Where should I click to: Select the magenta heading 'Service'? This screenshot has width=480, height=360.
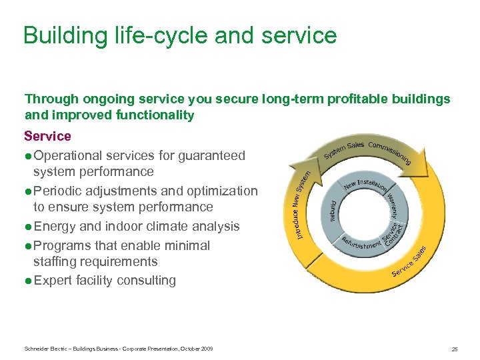tap(47, 136)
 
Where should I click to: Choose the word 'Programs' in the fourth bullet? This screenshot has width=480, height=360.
tap(65, 245)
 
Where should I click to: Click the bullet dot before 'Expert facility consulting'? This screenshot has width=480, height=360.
tap(28, 281)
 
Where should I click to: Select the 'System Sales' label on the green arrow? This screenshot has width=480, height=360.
tap(344, 149)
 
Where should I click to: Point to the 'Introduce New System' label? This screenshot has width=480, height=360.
tap(301, 204)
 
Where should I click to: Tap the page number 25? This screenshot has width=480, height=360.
tap(454, 349)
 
